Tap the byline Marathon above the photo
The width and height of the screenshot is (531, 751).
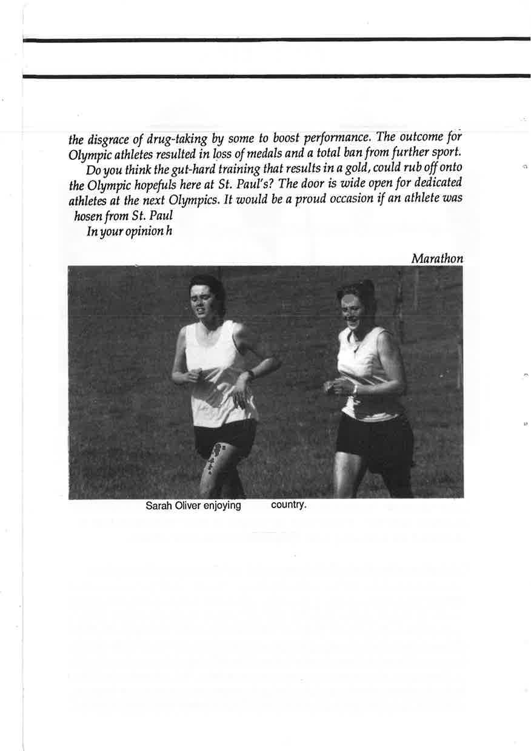pos(437,259)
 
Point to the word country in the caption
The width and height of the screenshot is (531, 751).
pos(289,505)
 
